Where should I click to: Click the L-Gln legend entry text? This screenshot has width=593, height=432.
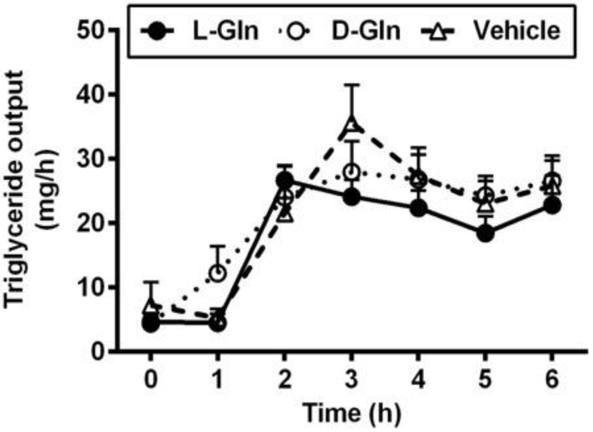click(x=225, y=31)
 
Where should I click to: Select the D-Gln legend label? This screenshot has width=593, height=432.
click(x=366, y=31)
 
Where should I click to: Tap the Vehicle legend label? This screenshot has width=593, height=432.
click(x=517, y=31)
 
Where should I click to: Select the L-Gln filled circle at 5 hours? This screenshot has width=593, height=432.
click(x=485, y=233)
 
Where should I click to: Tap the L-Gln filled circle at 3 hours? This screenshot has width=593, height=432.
click(x=352, y=197)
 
